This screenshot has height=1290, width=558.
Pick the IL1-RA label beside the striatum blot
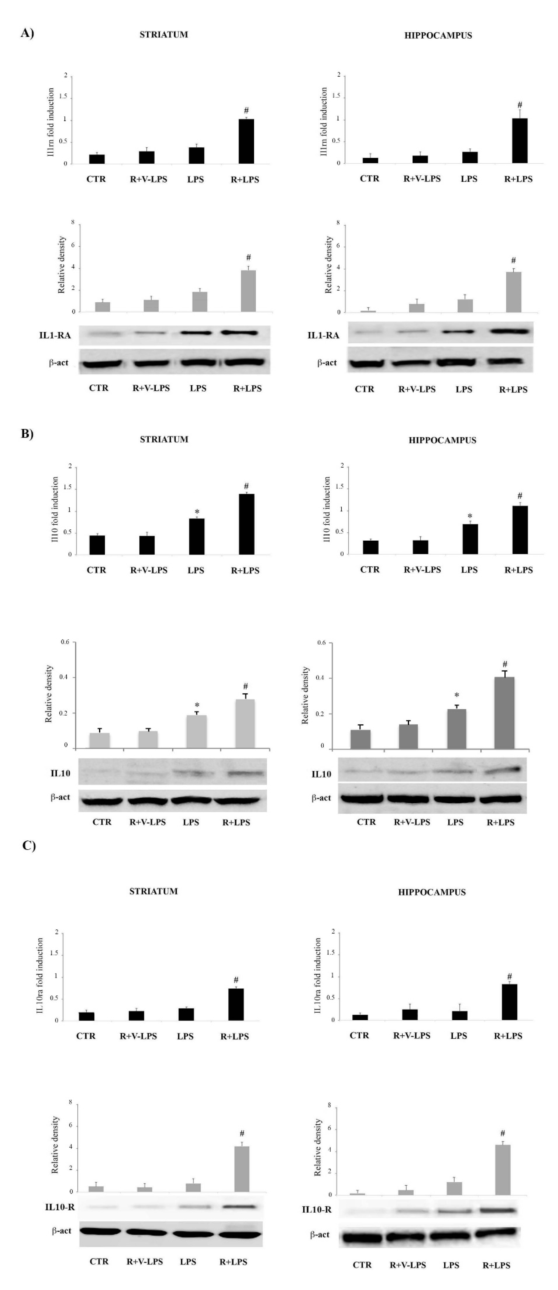click(x=55, y=335)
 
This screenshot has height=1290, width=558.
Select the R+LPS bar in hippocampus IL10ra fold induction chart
click(x=509, y=1002)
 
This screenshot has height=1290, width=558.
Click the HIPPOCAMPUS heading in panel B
click(x=442, y=440)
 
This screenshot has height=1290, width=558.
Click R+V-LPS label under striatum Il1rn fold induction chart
click(x=148, y=179)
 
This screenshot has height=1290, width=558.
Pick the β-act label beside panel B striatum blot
click(x=60, y=797)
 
